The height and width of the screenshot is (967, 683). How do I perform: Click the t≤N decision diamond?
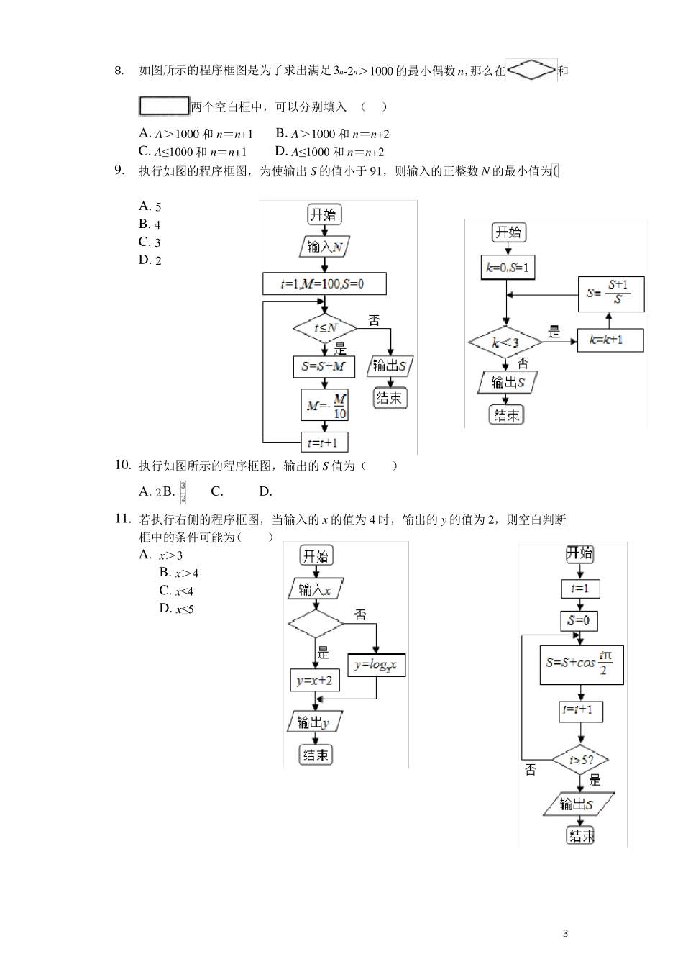coord(325,328)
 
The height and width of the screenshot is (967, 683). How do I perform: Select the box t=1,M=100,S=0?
coord(324,283)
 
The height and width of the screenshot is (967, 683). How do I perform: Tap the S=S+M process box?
coord(324,366)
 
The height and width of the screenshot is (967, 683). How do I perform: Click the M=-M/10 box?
coord(325,405)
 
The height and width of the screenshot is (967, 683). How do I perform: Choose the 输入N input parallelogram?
coord(324,248)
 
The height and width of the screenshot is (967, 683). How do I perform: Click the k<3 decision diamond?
coord(505,342)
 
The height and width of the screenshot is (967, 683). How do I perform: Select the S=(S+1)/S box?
coord(611,294)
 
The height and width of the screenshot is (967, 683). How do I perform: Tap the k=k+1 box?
coord(610,340)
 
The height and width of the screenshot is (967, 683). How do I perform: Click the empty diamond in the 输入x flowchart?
coord(316,624)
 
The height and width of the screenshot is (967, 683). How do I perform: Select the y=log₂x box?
coord(376,665)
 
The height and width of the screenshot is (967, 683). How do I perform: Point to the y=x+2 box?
coord(315,680)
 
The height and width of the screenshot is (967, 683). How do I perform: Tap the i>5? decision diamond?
coord(580,760)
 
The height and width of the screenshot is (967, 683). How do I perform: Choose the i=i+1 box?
coord(580,711)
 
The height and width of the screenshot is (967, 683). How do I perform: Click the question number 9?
coord(120,171)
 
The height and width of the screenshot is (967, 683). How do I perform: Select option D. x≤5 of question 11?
coord(177,609)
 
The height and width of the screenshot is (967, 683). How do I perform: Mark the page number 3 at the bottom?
coord(565,934)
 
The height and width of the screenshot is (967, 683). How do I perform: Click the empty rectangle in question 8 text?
coord(164,106)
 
